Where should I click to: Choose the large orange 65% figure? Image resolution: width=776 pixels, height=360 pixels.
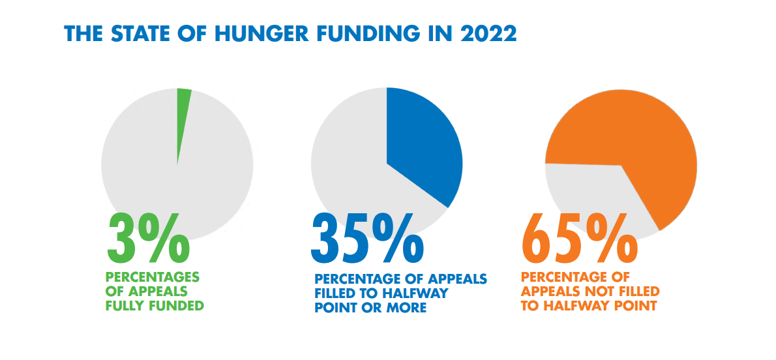point(579,239)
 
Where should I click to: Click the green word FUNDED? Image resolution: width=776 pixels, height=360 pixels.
point(176,305)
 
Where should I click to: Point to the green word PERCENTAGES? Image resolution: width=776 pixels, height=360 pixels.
point(152,277)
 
